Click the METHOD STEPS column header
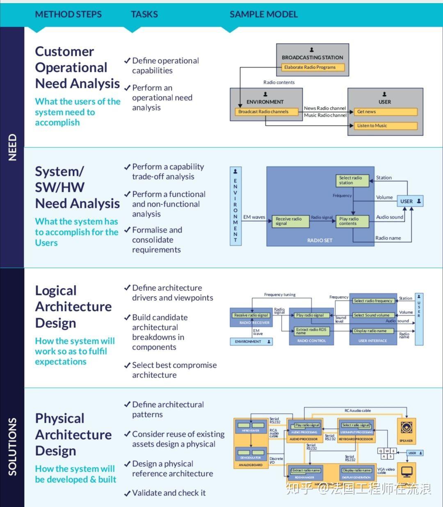tap(68, 14)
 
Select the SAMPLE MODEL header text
tap(263, 14)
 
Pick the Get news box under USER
tap(385, 112)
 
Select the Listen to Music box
tap(385, 126)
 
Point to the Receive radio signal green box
tap(290, 221)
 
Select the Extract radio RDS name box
tap(312, 331)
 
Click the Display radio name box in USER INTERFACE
tap(372, 331)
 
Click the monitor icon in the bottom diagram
tap(406, 472)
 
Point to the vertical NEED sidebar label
tap(12, 147)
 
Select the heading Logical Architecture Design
tap(73, 307)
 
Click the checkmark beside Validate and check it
tap(127, 493)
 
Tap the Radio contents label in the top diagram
tap(279, 83)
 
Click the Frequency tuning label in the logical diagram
tap(280, 295)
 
